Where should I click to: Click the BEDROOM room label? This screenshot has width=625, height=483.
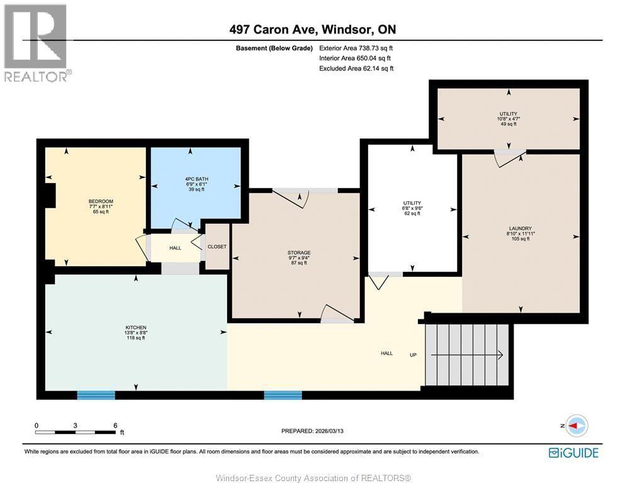101,201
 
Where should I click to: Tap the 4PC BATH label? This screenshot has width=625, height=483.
193,179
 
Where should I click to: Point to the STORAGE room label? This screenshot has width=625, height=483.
298,253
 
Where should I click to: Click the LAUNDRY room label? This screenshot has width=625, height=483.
521,229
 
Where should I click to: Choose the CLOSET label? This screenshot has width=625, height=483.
217,247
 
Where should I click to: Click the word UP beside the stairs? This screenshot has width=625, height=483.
414,354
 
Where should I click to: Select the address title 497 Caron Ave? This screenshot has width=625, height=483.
312,30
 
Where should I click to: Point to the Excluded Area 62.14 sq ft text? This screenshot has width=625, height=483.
356,69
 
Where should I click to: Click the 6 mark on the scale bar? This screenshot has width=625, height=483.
115,425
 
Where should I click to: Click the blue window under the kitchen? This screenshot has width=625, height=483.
96,395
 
